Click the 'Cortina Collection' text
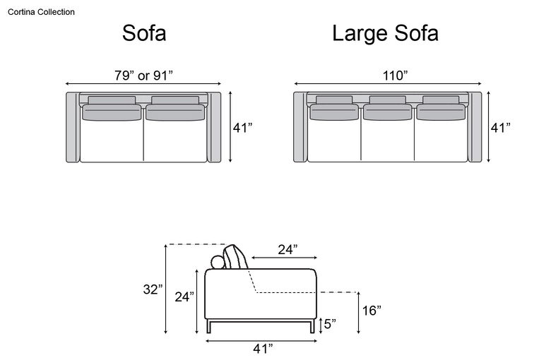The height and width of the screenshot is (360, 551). pyautogui.click(x=41, y=12)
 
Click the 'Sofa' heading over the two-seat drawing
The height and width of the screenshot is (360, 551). pyautogui.click(x=144, y=33)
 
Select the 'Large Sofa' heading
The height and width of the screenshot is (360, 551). pyautogui.click(x=385, y=33)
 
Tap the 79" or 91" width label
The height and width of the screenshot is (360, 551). pyautogui.click(x=143, y=75)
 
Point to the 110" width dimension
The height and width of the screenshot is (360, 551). pyautogui.click(x=395, y=75)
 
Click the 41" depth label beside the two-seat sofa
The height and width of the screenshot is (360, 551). pyautogui.click(x=242, y=128)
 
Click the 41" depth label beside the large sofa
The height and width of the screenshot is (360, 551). pyautogui.click(x=500, y=128)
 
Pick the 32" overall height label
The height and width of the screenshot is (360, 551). pyautogui.click(x=153, y=289)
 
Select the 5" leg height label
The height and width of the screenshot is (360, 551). pyautogui.click(x=330, y=324)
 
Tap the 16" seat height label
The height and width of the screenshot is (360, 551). pyautogui.click(x=372, y=311)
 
